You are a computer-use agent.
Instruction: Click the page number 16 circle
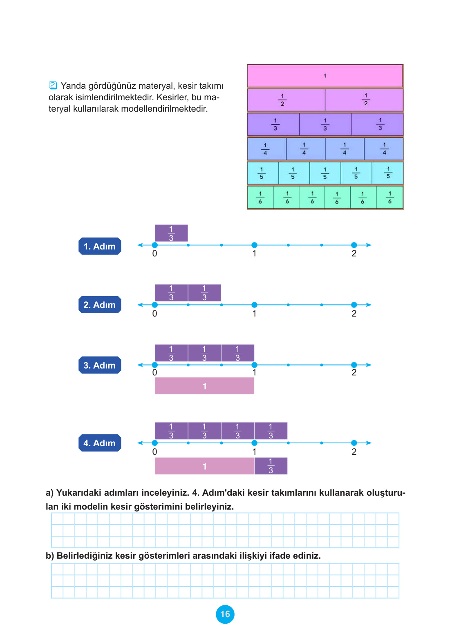(225, 614)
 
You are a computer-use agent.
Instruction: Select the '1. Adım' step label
(100, 246)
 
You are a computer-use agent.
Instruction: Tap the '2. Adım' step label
(100, 305)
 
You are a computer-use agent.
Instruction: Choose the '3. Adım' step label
(100, 365)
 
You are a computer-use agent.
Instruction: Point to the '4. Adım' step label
(100, 443)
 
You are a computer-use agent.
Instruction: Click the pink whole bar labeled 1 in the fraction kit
(325, 76)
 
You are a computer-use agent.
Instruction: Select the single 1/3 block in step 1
(171, 233)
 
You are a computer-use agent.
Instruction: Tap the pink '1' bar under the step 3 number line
(204, 386)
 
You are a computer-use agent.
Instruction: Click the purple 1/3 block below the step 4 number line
(271, 466)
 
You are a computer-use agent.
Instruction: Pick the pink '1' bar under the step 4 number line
(204, 466)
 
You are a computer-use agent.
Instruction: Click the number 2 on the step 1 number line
(354, 254)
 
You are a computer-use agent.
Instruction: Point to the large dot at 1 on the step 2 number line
(254, 305)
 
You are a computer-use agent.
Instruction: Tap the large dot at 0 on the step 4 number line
(155, 443)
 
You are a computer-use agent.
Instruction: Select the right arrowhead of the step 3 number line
(369, 365)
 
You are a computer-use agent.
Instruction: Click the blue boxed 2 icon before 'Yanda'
(53, 85)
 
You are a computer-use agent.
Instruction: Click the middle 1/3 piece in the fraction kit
(325, 124)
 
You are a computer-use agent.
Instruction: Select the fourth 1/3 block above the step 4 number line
(271, 431)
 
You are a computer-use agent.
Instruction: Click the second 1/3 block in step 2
(204, 293)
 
